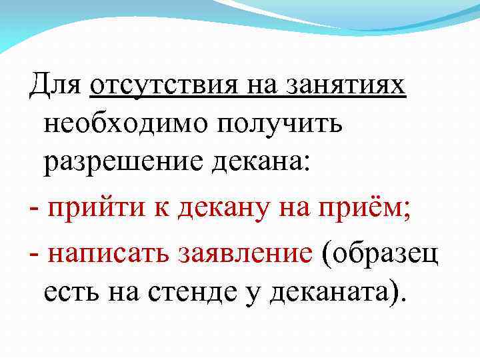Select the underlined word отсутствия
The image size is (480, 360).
(x=167, y=86)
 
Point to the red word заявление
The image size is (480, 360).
(x=244, y=251)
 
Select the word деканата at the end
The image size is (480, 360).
(x=337, y=291)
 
